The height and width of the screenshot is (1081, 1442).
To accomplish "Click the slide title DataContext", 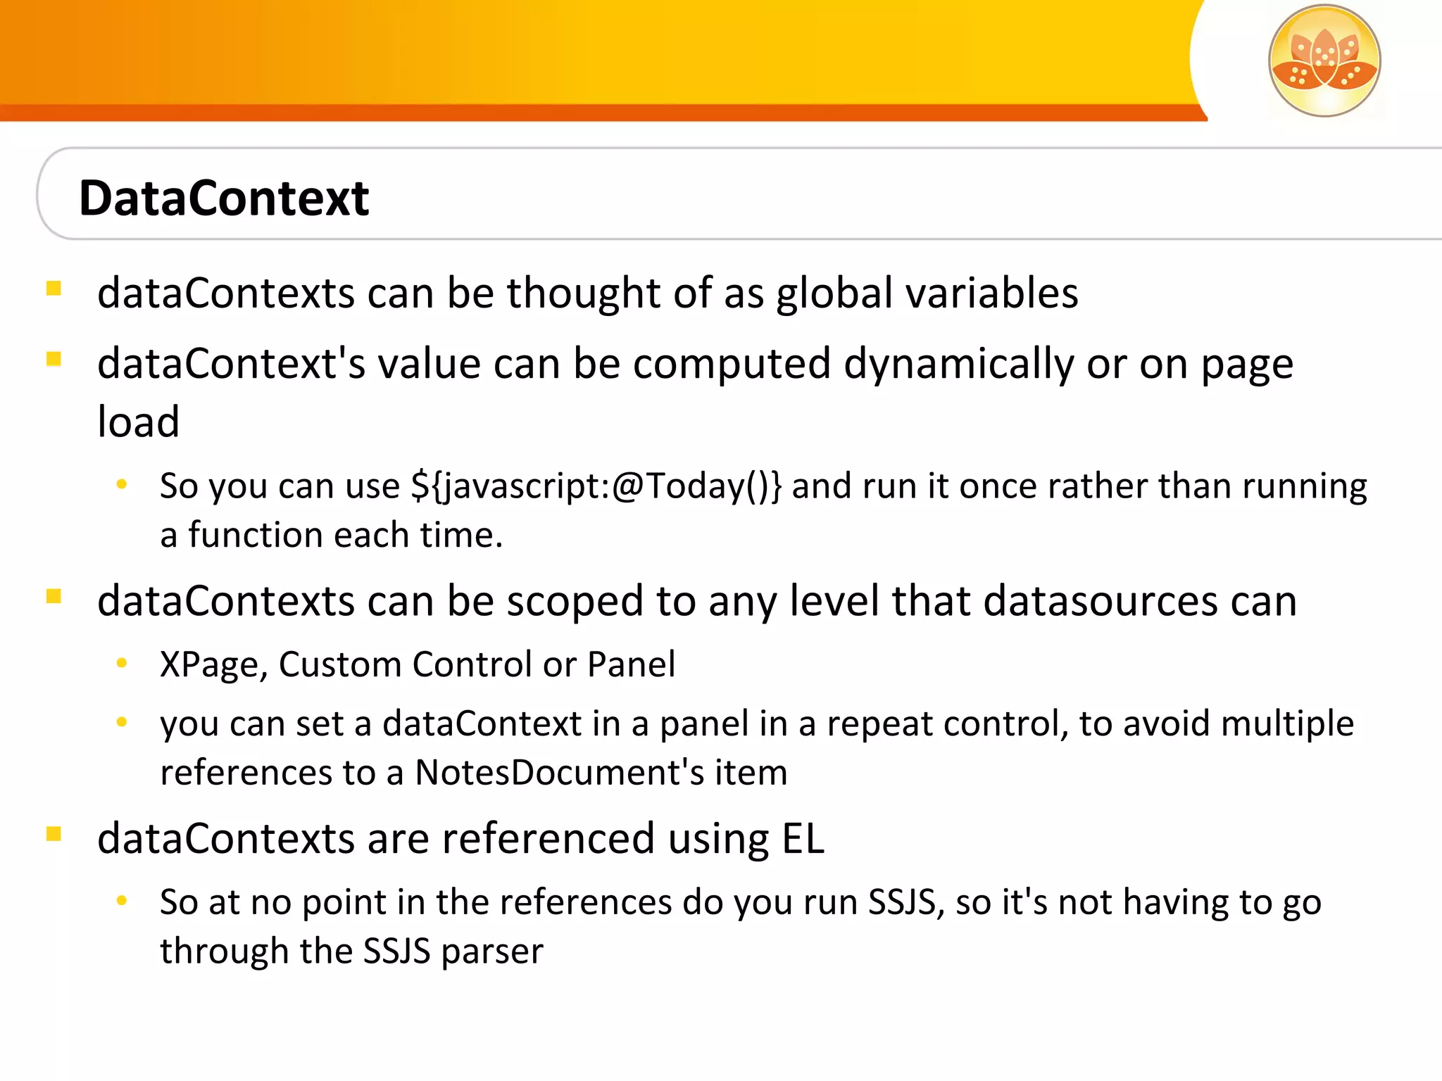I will [224, 198].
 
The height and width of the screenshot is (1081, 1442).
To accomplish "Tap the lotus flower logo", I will [1324, 61].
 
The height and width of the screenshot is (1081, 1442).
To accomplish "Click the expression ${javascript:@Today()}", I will [596, 486].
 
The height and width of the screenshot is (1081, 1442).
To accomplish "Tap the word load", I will [138, 422].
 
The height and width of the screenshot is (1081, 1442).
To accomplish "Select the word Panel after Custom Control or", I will [631, 664].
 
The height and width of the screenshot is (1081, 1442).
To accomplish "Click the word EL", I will [803, 838].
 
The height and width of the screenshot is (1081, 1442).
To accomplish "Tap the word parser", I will [492, 952].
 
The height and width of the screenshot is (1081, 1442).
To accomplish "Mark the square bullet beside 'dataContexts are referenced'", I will [54, 834].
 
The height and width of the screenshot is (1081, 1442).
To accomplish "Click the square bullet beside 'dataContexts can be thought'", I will [54, 289].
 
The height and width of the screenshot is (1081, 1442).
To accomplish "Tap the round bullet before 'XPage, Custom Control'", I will [122, 662].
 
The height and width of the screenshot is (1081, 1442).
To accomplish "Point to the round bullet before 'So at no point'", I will [122, 900].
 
